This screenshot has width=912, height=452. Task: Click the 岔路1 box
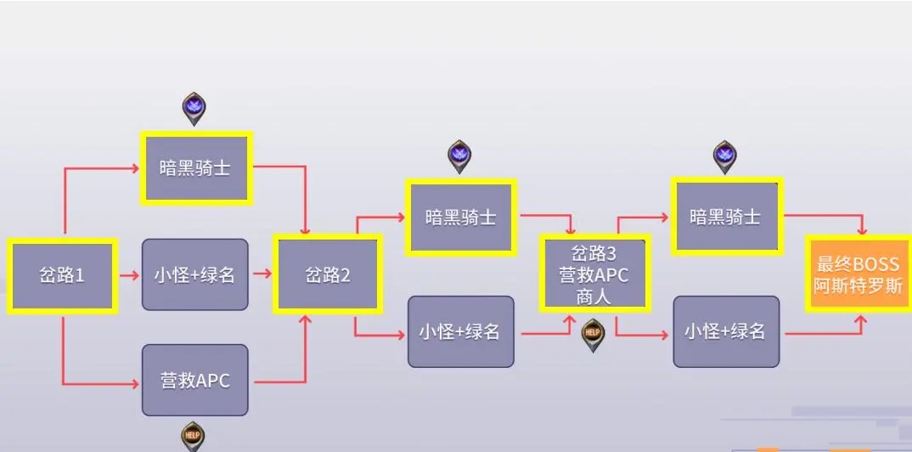[62, 276]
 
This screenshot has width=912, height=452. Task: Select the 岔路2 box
[328, 274]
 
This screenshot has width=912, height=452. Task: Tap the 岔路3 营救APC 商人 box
[594, 273]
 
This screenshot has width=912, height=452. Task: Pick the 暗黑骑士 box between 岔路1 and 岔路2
[195, 168]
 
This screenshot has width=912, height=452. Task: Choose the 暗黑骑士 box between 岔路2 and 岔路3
[461, 217]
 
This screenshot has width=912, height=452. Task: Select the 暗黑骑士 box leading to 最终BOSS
[726, 217]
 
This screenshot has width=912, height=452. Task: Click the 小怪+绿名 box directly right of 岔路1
[194, 274]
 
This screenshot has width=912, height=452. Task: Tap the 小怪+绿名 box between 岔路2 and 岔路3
[460, 331]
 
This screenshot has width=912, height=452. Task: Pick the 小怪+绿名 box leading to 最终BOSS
[726, 331]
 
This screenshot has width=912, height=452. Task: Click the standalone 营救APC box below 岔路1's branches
[194, 381]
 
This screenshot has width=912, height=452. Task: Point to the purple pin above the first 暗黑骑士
[194, 109]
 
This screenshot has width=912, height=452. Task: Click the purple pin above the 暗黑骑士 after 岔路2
[459, 155]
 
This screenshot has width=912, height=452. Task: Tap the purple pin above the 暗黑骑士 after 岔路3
[724, 155]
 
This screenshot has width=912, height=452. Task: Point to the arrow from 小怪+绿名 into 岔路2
[262, 274]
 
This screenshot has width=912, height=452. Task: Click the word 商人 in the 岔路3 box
[594, 297]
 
